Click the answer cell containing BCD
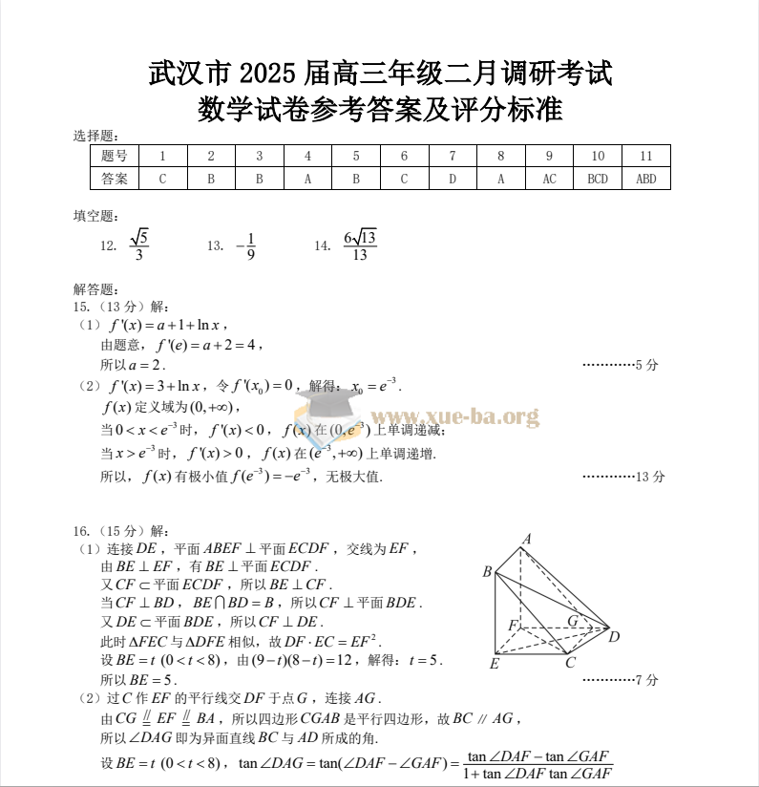(x=598, y=179)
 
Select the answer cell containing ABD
(x=646, y=179)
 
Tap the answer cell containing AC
(x=549, y=179)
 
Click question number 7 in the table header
(x=453, y=156)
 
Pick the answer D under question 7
(x=453, y=179)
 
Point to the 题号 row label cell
(x=115, y=156)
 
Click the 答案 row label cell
(x=115, y=179)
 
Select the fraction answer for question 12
(x=138, y=245)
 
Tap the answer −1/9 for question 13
(x=246, y=245)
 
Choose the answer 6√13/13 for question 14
(x=360, y=245)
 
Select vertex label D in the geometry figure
(x=614, y=637)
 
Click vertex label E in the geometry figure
(x=494, y=663)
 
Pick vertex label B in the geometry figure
(x=487, y=572)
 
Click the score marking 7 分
(x=646, y=680)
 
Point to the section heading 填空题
(x=96, y=217)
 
